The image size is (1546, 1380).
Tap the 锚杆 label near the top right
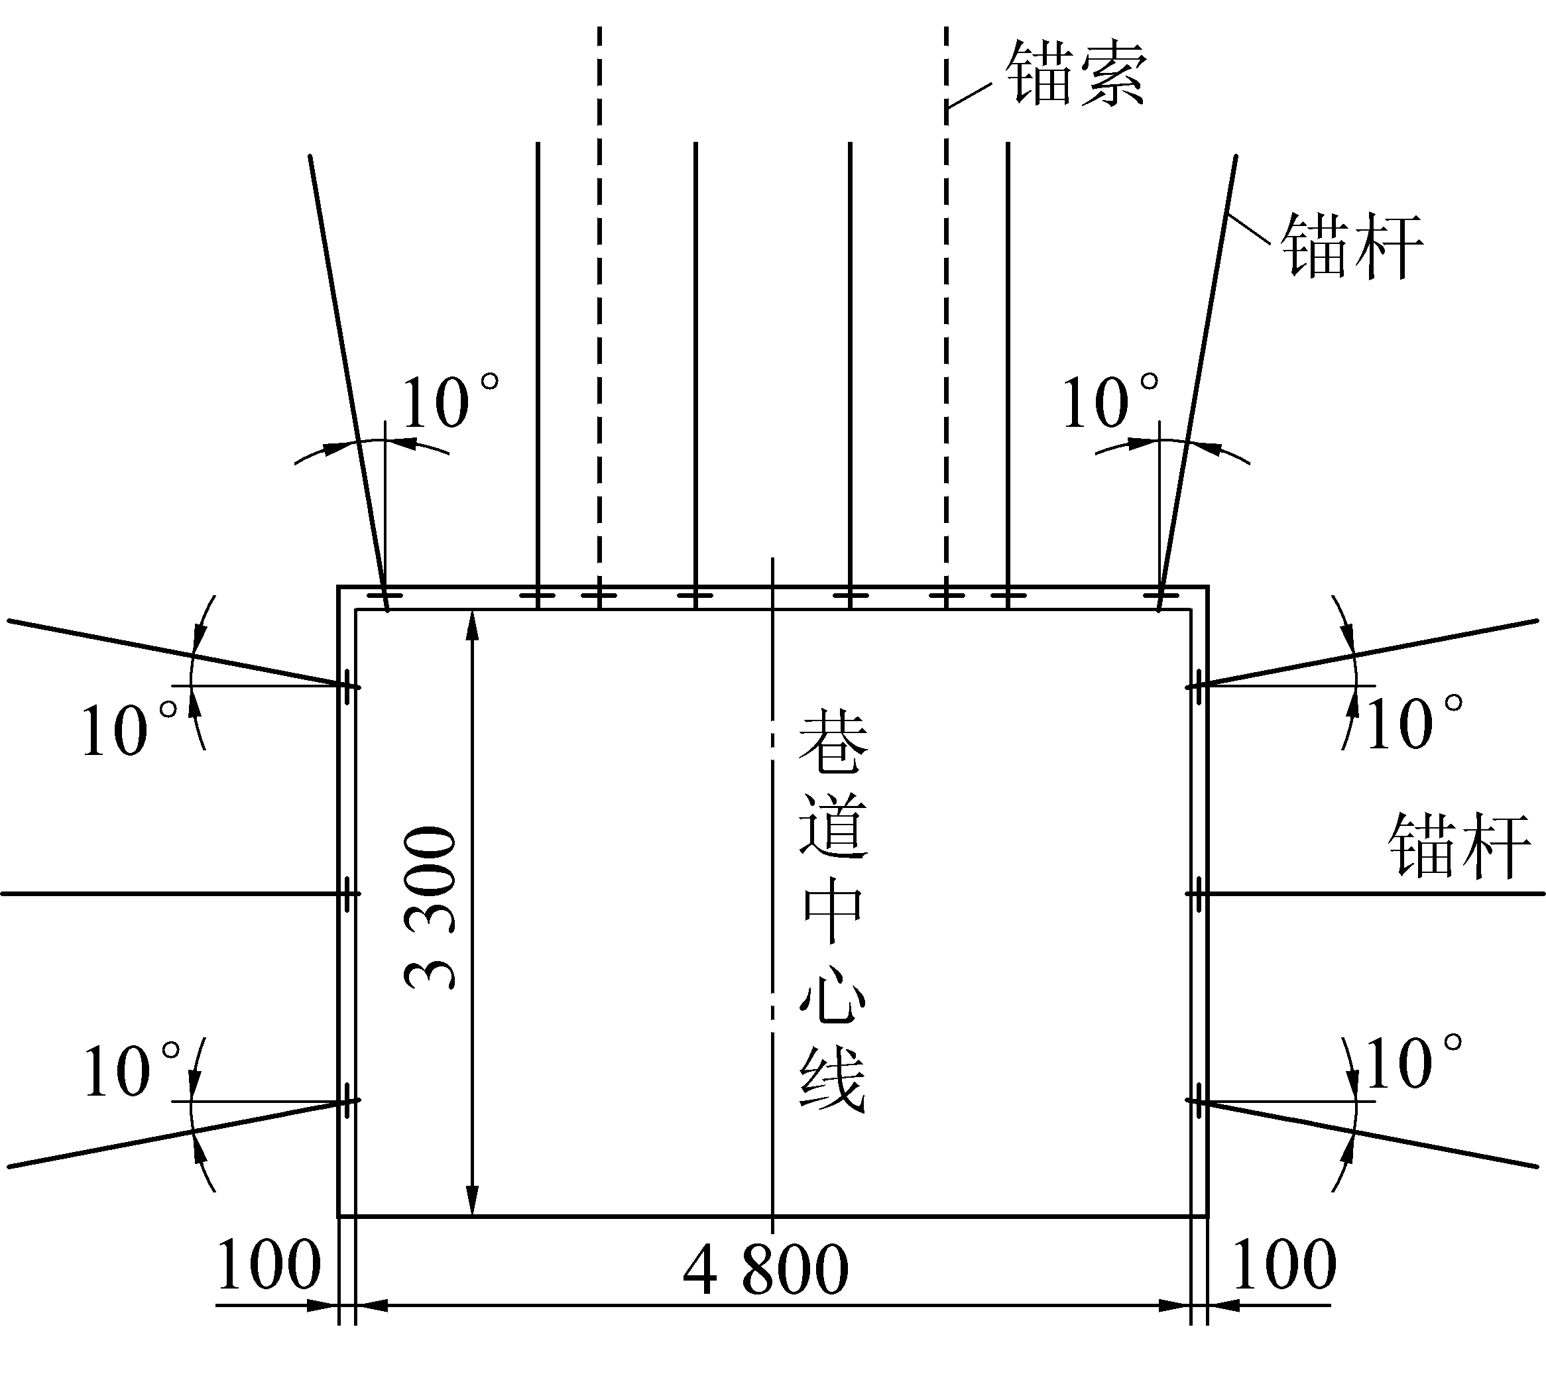point(1351,247)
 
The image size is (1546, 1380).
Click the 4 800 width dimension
point(766,1269)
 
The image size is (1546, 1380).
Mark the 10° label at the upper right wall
point(1414,722)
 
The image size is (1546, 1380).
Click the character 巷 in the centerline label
point(833,742)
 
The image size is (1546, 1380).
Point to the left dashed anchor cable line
point(599,317)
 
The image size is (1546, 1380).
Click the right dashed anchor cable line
point(946,317)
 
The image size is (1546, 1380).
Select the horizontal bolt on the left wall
point(180,894)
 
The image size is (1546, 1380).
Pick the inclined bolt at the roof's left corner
point(349,383)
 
